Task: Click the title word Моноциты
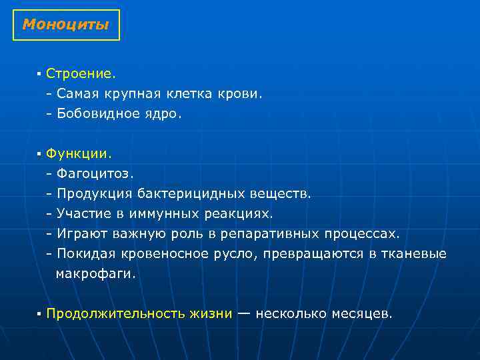(x=65, y=25)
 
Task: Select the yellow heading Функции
(x=77, y=153)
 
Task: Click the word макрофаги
(x=95, y=273)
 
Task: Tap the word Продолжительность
(x=139, y=313)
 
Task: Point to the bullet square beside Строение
(x=40, y=75)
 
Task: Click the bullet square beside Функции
(x=40, y=154)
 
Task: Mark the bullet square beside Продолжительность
(x=40, y=313)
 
